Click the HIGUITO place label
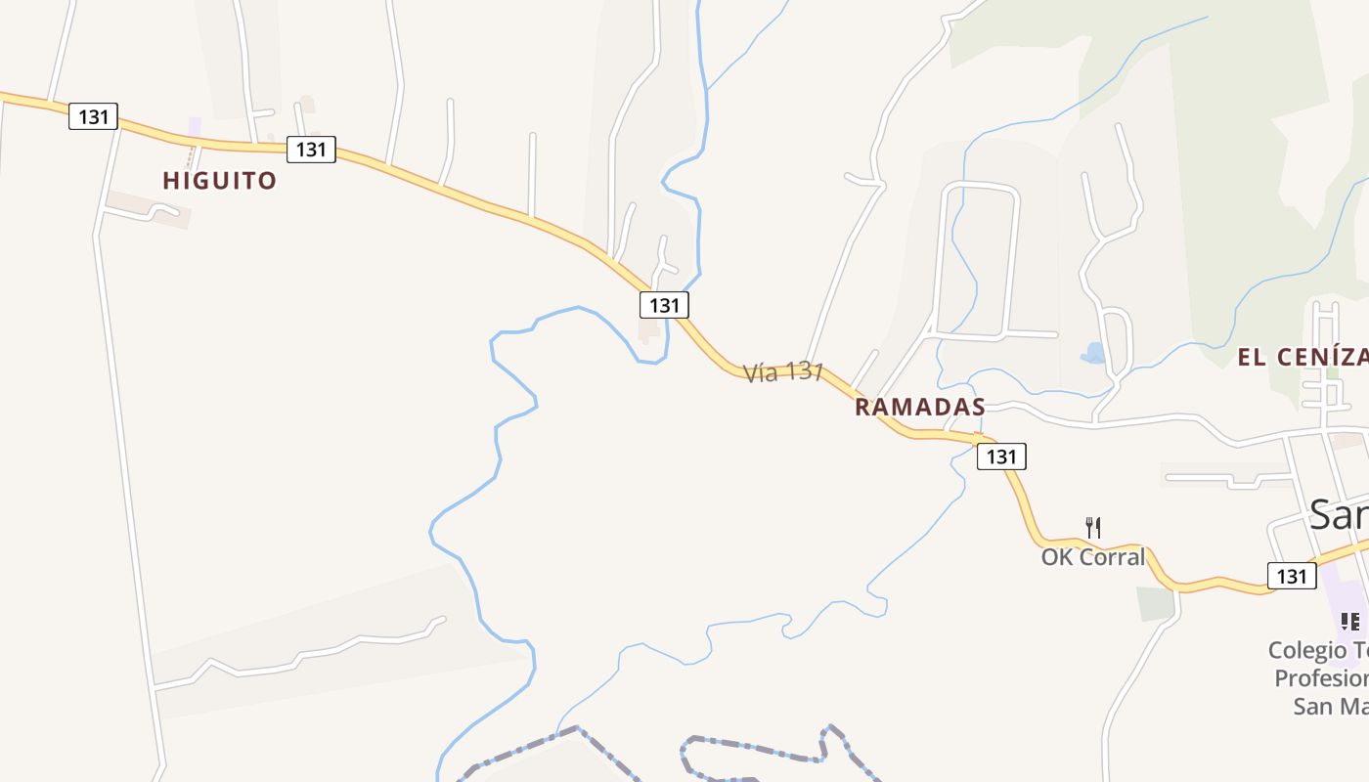click(219, 181)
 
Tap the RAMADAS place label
click(919, 408)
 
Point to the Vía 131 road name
click(783, 372)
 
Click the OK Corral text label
click(1092, 557)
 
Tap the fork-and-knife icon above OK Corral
click(1093, 528)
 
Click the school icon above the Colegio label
click(1349, 621)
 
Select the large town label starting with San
click(1338, 514)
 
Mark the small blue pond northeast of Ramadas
click(1093, 353)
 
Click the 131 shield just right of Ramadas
click(1001, 456)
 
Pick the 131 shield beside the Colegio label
click(1291, 576)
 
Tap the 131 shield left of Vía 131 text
click(664, 305)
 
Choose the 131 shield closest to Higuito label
click(311, 150)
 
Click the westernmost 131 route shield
click(93, 117)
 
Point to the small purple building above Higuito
click(195, 127)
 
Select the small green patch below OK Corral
click(1156, 603)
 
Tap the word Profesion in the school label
click(1321, 678)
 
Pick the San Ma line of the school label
click(1330, 706)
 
